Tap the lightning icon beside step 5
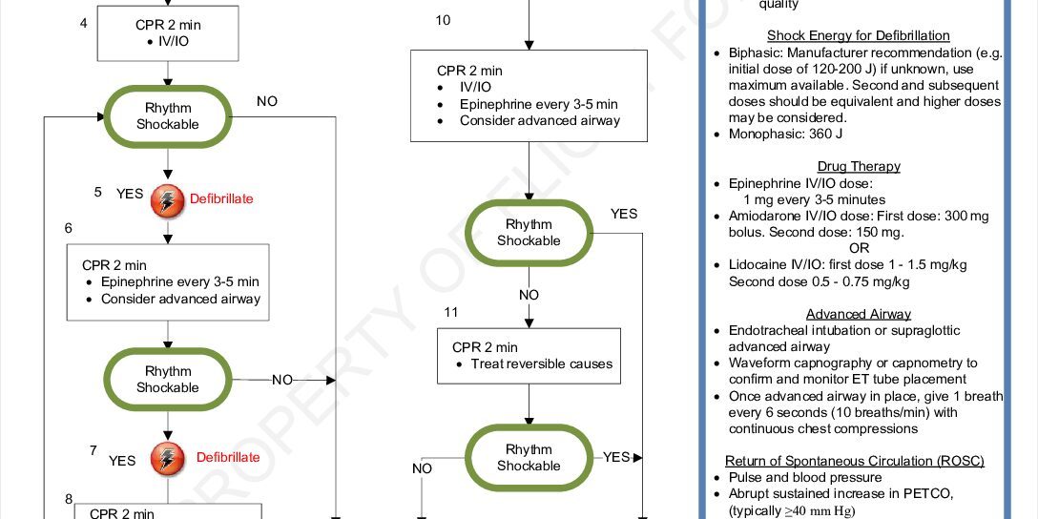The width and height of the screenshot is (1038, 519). click(167, 199)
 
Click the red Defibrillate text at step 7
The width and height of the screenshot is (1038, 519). click(228, 457)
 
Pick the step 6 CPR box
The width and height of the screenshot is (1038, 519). click(168, 282)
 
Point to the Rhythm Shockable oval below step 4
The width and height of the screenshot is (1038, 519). click(168, 116)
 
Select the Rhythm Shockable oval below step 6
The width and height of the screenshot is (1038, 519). click(168, 379)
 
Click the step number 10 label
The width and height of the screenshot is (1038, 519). click(443, 21)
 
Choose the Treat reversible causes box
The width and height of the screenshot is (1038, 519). click(529, 356)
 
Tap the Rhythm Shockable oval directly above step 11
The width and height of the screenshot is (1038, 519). click(529, 233)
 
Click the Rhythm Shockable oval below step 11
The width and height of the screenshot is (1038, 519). click(529, 458)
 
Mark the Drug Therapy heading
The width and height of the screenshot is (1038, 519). click(859, 167)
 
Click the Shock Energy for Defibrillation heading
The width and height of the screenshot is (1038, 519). click(859, 36)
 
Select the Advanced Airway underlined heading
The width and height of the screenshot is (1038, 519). click(859, 314)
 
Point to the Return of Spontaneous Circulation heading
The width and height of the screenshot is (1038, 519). click(854, 461)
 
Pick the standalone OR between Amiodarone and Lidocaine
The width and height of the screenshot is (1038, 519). click(859, 248)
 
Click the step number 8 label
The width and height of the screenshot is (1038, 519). click(69, 498)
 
